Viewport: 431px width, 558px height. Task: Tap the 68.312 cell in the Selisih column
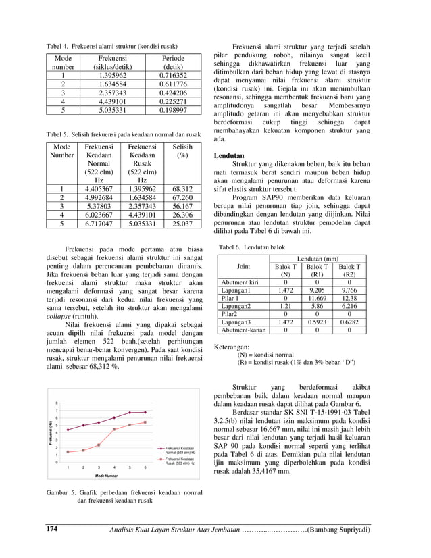182,189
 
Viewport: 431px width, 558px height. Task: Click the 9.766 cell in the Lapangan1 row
349,290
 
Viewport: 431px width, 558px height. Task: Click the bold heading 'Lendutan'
229,155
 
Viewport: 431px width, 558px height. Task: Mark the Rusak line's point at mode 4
114,429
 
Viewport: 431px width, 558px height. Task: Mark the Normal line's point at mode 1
68,430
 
